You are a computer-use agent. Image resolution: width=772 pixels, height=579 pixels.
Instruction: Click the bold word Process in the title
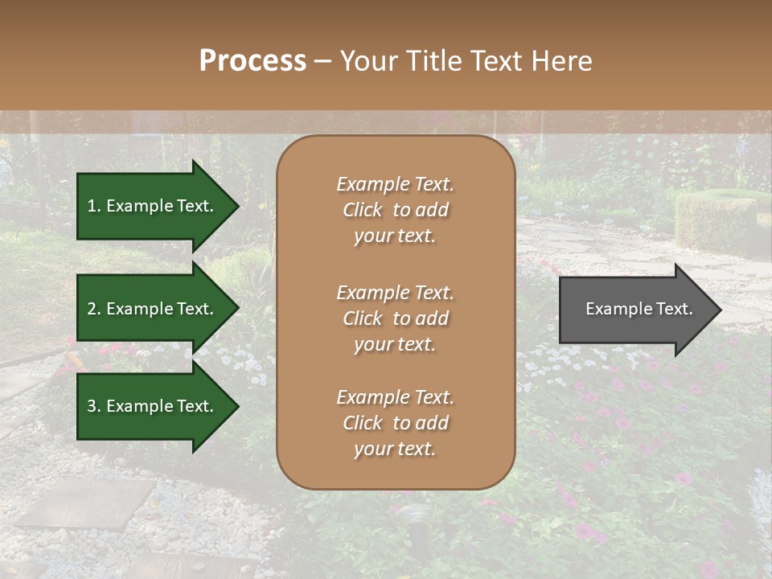253,61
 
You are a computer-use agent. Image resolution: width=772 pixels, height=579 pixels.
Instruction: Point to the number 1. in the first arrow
94,206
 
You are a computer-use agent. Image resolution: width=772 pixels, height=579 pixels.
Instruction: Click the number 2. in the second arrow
94,309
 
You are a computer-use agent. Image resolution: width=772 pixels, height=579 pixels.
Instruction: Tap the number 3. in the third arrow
94,406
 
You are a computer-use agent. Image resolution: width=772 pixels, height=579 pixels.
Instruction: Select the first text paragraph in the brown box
395,210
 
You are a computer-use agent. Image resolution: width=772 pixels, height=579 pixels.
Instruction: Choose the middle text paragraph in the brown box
395,318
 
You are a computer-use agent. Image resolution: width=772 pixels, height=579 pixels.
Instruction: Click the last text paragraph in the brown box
395,423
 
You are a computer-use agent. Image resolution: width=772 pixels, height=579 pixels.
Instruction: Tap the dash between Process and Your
322,62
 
